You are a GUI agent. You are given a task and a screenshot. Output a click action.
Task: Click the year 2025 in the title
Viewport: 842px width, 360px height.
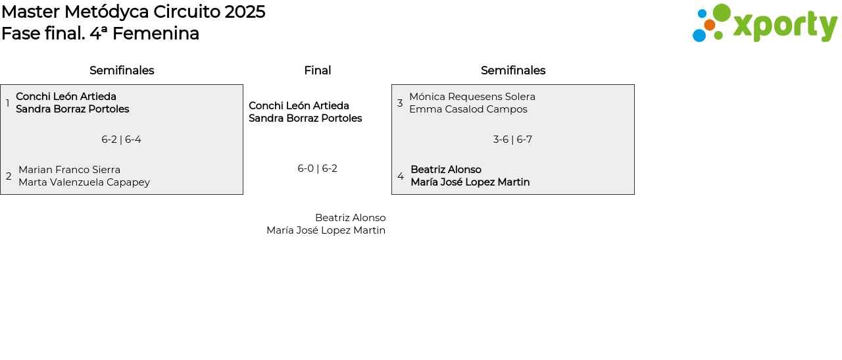click(245, 12)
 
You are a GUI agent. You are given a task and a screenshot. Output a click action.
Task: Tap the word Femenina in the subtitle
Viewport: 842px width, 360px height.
click(156, 34)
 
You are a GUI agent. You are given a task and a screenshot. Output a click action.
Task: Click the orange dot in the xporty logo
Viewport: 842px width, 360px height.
click(709, 25)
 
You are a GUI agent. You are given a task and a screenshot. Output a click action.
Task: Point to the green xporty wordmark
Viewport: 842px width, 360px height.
click(785, 26)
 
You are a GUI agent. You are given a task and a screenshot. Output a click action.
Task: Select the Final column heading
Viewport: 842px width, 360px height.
click(318, 70)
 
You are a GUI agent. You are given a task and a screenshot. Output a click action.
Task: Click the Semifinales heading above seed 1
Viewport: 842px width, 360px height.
click(122, 70)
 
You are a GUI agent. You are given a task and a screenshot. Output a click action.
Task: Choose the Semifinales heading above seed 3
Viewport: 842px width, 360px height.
click(513, 70)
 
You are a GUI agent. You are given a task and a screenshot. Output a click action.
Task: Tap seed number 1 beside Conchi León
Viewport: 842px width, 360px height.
click(7, 103)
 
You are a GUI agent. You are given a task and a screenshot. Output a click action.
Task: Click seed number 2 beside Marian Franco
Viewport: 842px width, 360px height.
click(9, 176)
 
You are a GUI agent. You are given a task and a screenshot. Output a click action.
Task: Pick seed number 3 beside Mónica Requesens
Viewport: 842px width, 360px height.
click(400, 103)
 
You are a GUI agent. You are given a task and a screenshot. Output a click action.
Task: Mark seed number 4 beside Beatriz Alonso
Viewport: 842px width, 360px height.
click(401, 176)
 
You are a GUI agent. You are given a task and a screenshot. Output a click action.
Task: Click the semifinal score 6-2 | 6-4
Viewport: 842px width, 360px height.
click(122, 140)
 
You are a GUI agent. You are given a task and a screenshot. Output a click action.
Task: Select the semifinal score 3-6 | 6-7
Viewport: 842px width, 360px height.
click(512, 140)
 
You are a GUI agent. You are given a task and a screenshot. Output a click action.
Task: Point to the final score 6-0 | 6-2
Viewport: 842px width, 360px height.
click(318, 168)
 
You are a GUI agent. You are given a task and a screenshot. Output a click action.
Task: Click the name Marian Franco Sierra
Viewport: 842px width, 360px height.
click(70, 170)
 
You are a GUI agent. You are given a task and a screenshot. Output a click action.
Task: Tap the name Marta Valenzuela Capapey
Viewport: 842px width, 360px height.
click(84, 182)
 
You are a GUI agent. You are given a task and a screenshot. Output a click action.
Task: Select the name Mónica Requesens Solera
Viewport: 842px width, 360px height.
click(472, 97)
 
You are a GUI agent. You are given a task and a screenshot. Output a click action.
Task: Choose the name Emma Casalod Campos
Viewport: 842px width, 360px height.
click(468, 109)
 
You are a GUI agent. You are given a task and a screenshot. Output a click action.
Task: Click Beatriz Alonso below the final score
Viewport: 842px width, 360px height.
click(351, 218)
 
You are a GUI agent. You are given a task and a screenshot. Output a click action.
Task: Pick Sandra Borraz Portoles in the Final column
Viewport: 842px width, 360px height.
click(305, 118)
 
